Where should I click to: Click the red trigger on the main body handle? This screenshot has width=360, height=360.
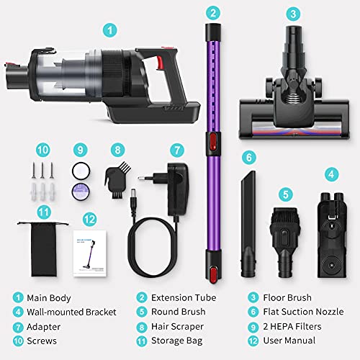160,63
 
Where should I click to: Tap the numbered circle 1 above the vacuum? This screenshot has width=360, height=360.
110,30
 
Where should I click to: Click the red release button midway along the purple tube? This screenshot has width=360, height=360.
213,142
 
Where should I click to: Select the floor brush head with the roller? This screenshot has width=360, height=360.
294,83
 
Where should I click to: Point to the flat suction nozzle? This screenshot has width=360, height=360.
248,225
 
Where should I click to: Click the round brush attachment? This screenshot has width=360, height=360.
285,243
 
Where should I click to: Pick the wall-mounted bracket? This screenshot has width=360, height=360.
332,235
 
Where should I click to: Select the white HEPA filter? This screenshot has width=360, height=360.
81,171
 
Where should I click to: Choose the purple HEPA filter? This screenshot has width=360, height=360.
81,192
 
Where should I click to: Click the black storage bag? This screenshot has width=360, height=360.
44,250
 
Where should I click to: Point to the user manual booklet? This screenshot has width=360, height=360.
90,253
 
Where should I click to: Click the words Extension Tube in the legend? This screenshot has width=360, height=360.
184,297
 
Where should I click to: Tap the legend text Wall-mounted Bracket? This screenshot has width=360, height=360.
71,312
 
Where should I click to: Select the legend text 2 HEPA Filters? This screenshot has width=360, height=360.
292,326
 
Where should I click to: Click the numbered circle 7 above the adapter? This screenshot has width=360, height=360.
177,150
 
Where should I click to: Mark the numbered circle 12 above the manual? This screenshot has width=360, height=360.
89,220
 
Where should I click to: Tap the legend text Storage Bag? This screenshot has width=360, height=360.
177,341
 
